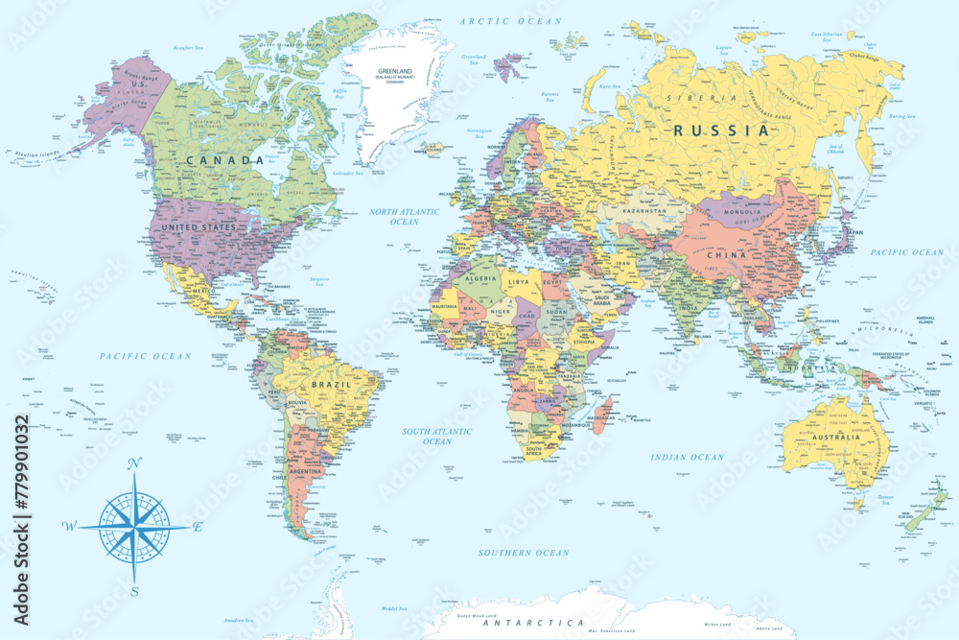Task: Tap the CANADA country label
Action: pos(224,160)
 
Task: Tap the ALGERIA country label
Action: pos(480,277)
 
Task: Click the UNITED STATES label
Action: pos(199,226)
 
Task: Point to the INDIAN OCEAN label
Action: pos(687,458)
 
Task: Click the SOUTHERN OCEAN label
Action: pos(524,553)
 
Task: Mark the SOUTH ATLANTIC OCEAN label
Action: pos(436,437)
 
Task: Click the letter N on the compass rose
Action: pos(134,463)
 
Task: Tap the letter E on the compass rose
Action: pos(198,527)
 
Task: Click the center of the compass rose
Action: pos(134,527)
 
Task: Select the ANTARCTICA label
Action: pos(533,623)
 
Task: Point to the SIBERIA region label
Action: pos(709,98)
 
